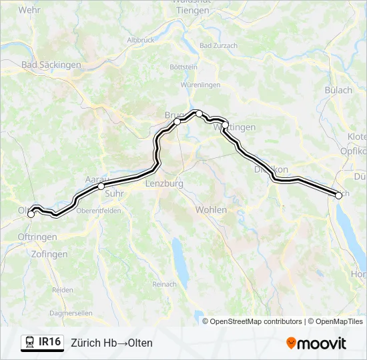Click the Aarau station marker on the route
click(101, 187)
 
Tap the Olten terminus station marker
click(31, 214)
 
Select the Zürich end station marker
click(338, 195)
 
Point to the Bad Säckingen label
click(51, 65)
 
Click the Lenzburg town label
click(163, 183)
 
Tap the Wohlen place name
click(211, 209)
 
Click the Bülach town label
click(338, 90)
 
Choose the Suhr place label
click(115, 194)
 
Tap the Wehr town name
click(29, 10)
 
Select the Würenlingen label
click(200, 85)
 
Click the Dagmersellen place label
click(71, 312)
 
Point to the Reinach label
click(164, 284)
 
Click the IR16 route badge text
click(50, 342)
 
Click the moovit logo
click(316, 343)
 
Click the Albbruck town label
click(140, 40)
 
